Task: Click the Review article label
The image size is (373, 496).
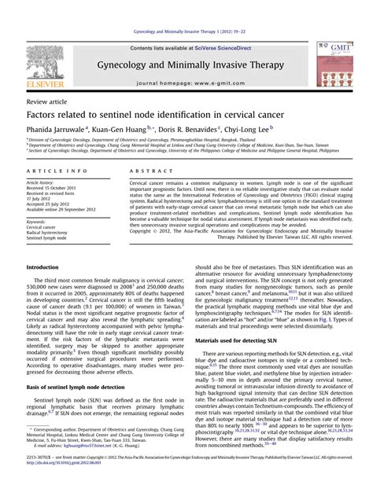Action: (48, 102)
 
